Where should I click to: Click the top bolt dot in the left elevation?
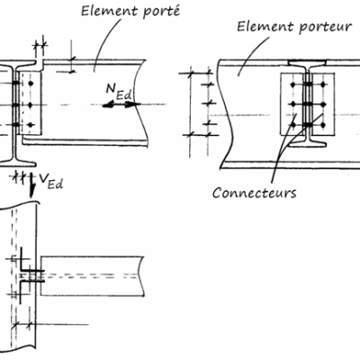[30, 84]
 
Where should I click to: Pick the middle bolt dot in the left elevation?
[30, 103]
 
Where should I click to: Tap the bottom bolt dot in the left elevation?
[30, 123]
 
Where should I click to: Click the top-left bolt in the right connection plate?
[294, 87]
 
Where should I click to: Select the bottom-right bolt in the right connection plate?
[321, 127]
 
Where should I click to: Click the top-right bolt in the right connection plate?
[321, 87]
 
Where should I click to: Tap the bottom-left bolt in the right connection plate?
[294, 127]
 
